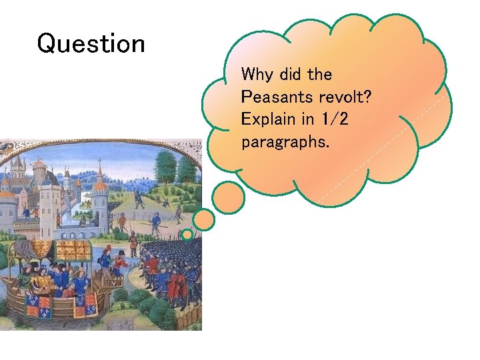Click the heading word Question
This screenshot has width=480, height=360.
[x=91, y=44]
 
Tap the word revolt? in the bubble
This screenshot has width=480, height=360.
[x=345, y=97]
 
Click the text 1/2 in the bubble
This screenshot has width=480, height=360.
[x=333, y=120]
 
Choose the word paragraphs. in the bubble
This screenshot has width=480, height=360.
[x=285, y=143]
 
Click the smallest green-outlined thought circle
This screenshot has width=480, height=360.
[x=187, y=235]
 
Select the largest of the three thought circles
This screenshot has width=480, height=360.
[x=229, y=197]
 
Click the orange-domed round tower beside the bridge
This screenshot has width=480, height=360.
[x=99, y=200]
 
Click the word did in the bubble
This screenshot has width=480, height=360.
[x=289, y=74]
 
